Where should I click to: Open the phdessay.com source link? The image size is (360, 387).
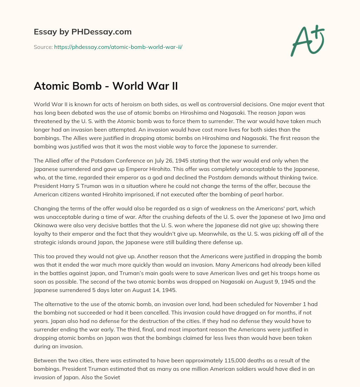tap(118, 47)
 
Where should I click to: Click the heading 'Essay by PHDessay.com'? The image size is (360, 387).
tap(83, 32)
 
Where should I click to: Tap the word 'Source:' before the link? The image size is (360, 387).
tap(43, 47)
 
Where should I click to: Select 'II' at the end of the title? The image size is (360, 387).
tap(173, 86)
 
